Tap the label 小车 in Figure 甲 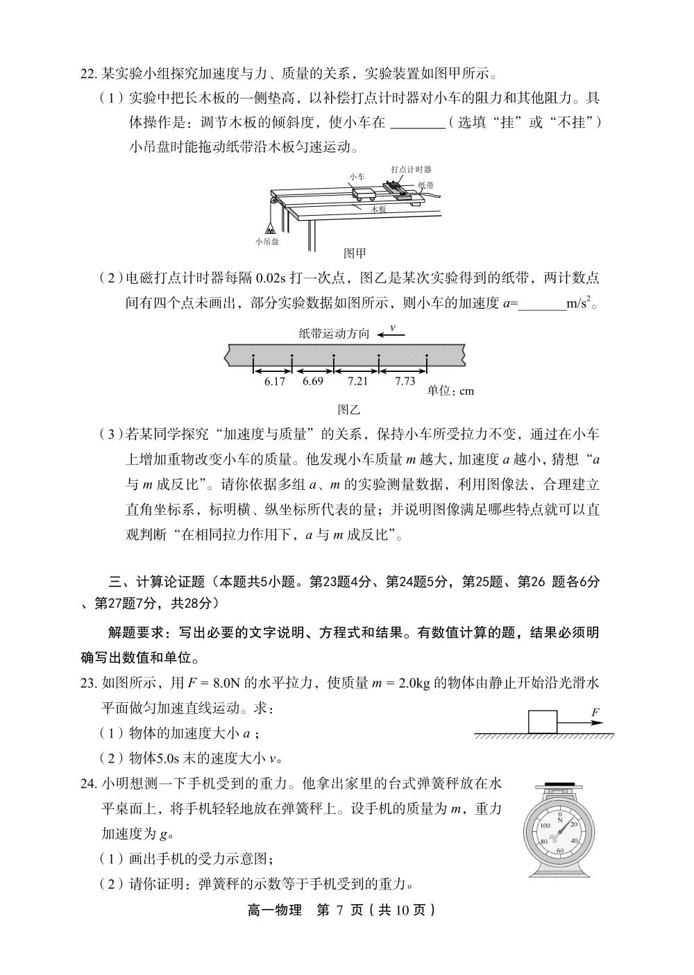pyautogui.click(x=357, y=177)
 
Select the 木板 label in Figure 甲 pyautogui.click(x=378, y=208)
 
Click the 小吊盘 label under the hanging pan pyautogui.click(x=267, y=241)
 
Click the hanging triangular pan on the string pyautogui.click(x=269, y=226)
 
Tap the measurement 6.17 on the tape pyautogui.click(x=275, y=381)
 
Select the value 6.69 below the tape pyautogui.click(x=313, y=381)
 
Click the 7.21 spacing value pyautogui.click(x=357, y=381)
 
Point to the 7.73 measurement pyautogui.click(x=405, y=381)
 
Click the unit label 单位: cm pyautogui.click(x=450, y=391)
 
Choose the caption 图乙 pyautogui.click(x=348, y=410)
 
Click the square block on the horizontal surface pyautogui.click(x=543, y=722)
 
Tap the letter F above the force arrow pyautogui.click(x=595, y=713)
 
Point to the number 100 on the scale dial pyautogui.click(x=545, y=825)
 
